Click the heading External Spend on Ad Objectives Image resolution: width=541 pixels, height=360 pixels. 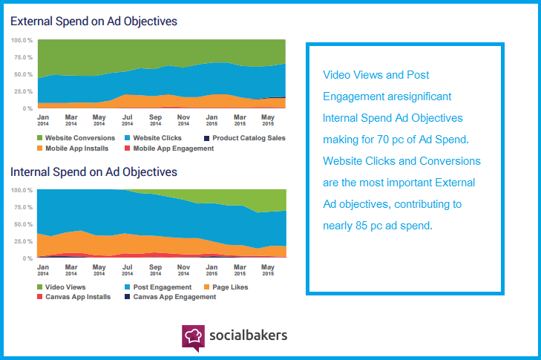pyautogui.click(x=94, y=21)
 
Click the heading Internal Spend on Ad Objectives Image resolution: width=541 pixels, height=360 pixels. pyautogui.click(x=94, y=172)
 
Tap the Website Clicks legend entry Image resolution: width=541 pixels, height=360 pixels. pyautogui.click(x=156, y=138)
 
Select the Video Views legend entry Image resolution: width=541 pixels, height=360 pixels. pyautogui.click(x=65, y=287)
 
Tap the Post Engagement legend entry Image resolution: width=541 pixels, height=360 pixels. pyautogui.click(x=161, y=287)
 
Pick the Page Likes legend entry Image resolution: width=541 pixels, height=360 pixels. pyautogui.click(x=229, y=287)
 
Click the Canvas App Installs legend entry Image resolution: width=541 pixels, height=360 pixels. pyautogui.click(x=77, y=297)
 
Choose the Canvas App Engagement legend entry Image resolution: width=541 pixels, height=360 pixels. pyautogui.click(x=174, y=297)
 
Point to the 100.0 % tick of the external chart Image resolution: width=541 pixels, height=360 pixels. pyautogui.click(x=22, y=39)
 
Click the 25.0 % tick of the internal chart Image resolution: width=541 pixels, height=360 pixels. pyautogui.click(x=22, y=241)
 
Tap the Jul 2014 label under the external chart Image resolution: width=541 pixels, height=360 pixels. pyautogui.click(x=128, y=120)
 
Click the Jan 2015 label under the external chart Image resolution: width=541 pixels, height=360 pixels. pyautogui.click(x=212, y=120)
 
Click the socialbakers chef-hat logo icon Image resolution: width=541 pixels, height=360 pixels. pyautogui.click(x=193, y=336)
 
